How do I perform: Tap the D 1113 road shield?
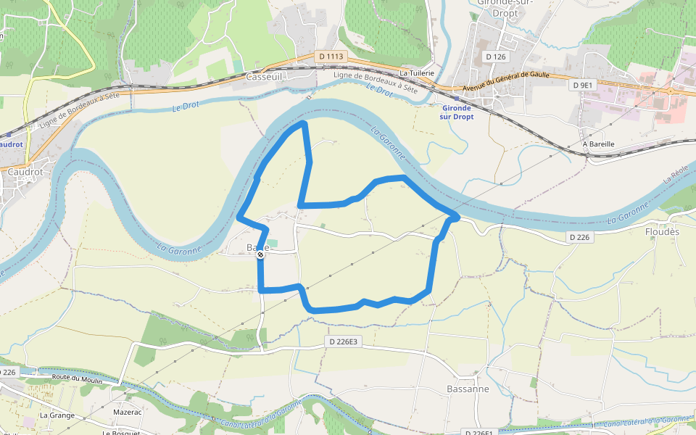tap(330, 56)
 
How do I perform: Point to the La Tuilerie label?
tap(417, 73)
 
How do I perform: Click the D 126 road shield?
tap(496, 56)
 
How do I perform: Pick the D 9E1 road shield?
tap(583, 85)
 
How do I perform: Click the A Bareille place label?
tap(599, 144)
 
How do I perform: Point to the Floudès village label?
tap(663, 232)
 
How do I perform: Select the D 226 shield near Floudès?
tap(581, 237)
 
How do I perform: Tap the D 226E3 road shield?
tap(343, 341)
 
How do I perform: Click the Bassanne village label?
tap(468, 389)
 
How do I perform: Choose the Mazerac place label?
tap(127, 411)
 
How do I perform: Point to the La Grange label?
tap(57, 415)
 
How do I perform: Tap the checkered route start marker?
tap(260, 254)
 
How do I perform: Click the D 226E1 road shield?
tap(477, 433)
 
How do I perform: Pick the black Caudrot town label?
tap(21, 173)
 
